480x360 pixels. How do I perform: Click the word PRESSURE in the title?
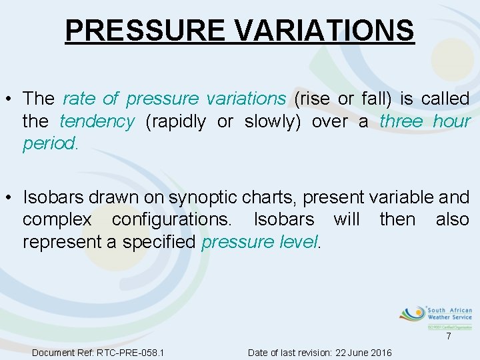pyautogui.click(x=143, y=30)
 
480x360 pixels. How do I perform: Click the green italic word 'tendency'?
pyautogui.click(x=97, y=121)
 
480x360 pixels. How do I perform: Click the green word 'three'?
pyautogui.click(x=401, y=121)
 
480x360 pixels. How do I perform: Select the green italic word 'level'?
pyautogui.click(x=298, y=242)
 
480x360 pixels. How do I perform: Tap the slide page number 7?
pyautogui.click(x=449, y=337)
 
